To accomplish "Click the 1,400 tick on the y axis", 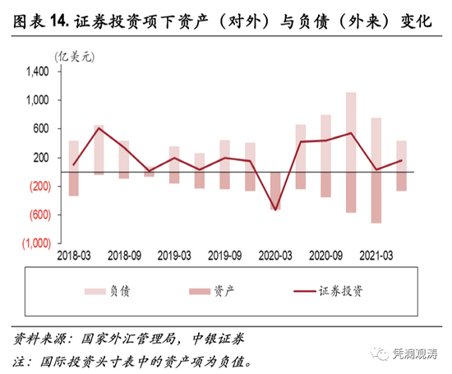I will point(38,72).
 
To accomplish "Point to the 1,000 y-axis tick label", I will point(38,100).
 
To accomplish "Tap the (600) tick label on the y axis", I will point(35,215).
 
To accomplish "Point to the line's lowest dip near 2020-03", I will point(275,210).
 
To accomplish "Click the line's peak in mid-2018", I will point(99,128).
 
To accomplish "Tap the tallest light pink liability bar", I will point(351,132).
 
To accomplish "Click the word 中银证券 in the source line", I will point(216,338).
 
